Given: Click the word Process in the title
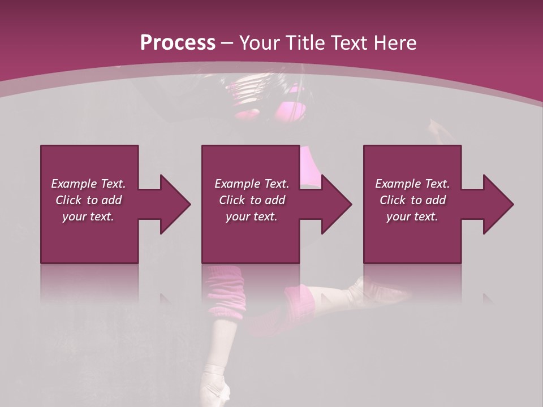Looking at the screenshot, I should point(177,42).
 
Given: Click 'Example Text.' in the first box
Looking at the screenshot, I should point(88,184).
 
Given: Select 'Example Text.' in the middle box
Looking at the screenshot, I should point(252,184).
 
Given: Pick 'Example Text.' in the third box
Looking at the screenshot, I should point(412,184).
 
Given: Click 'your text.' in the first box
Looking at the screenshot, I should point(88,217).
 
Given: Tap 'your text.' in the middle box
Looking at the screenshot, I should point(252,217).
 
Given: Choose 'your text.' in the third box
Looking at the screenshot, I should point(412,217).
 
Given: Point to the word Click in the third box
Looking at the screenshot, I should point(393,200).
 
